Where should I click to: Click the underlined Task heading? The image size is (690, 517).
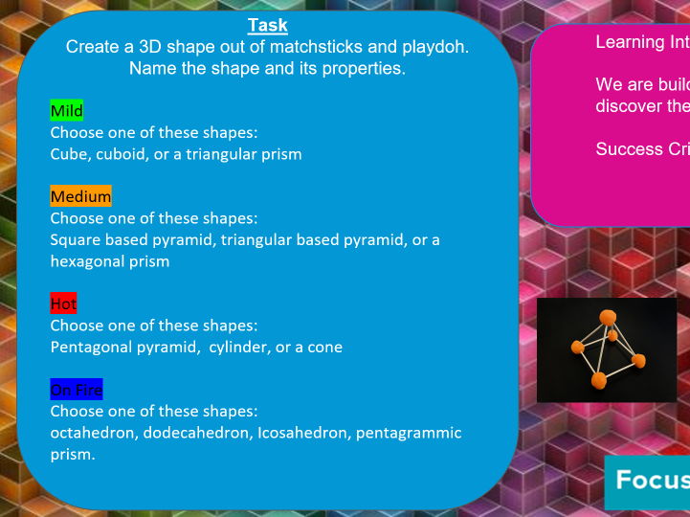[x=267, y=26]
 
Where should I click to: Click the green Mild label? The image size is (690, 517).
[x=67, y=111]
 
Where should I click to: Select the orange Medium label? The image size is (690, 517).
[x=80, y=196]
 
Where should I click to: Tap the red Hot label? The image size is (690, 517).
[x=63, y=303]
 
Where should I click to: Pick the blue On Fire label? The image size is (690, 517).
[x=76, y=390]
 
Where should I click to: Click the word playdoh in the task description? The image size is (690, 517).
[x=435, y=47]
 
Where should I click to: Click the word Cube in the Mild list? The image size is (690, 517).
[x=69, y=153]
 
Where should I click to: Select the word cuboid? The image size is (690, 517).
[x=123, y=153]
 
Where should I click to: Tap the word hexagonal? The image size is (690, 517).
[x=86, y=260]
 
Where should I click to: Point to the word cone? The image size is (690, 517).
[x=324, y=347]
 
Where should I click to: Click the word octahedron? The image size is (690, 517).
[x=92, y=433]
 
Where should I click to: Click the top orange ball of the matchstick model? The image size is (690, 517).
[x=607, y=317]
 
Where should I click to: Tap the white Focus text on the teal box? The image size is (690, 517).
[x=651, y=480]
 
